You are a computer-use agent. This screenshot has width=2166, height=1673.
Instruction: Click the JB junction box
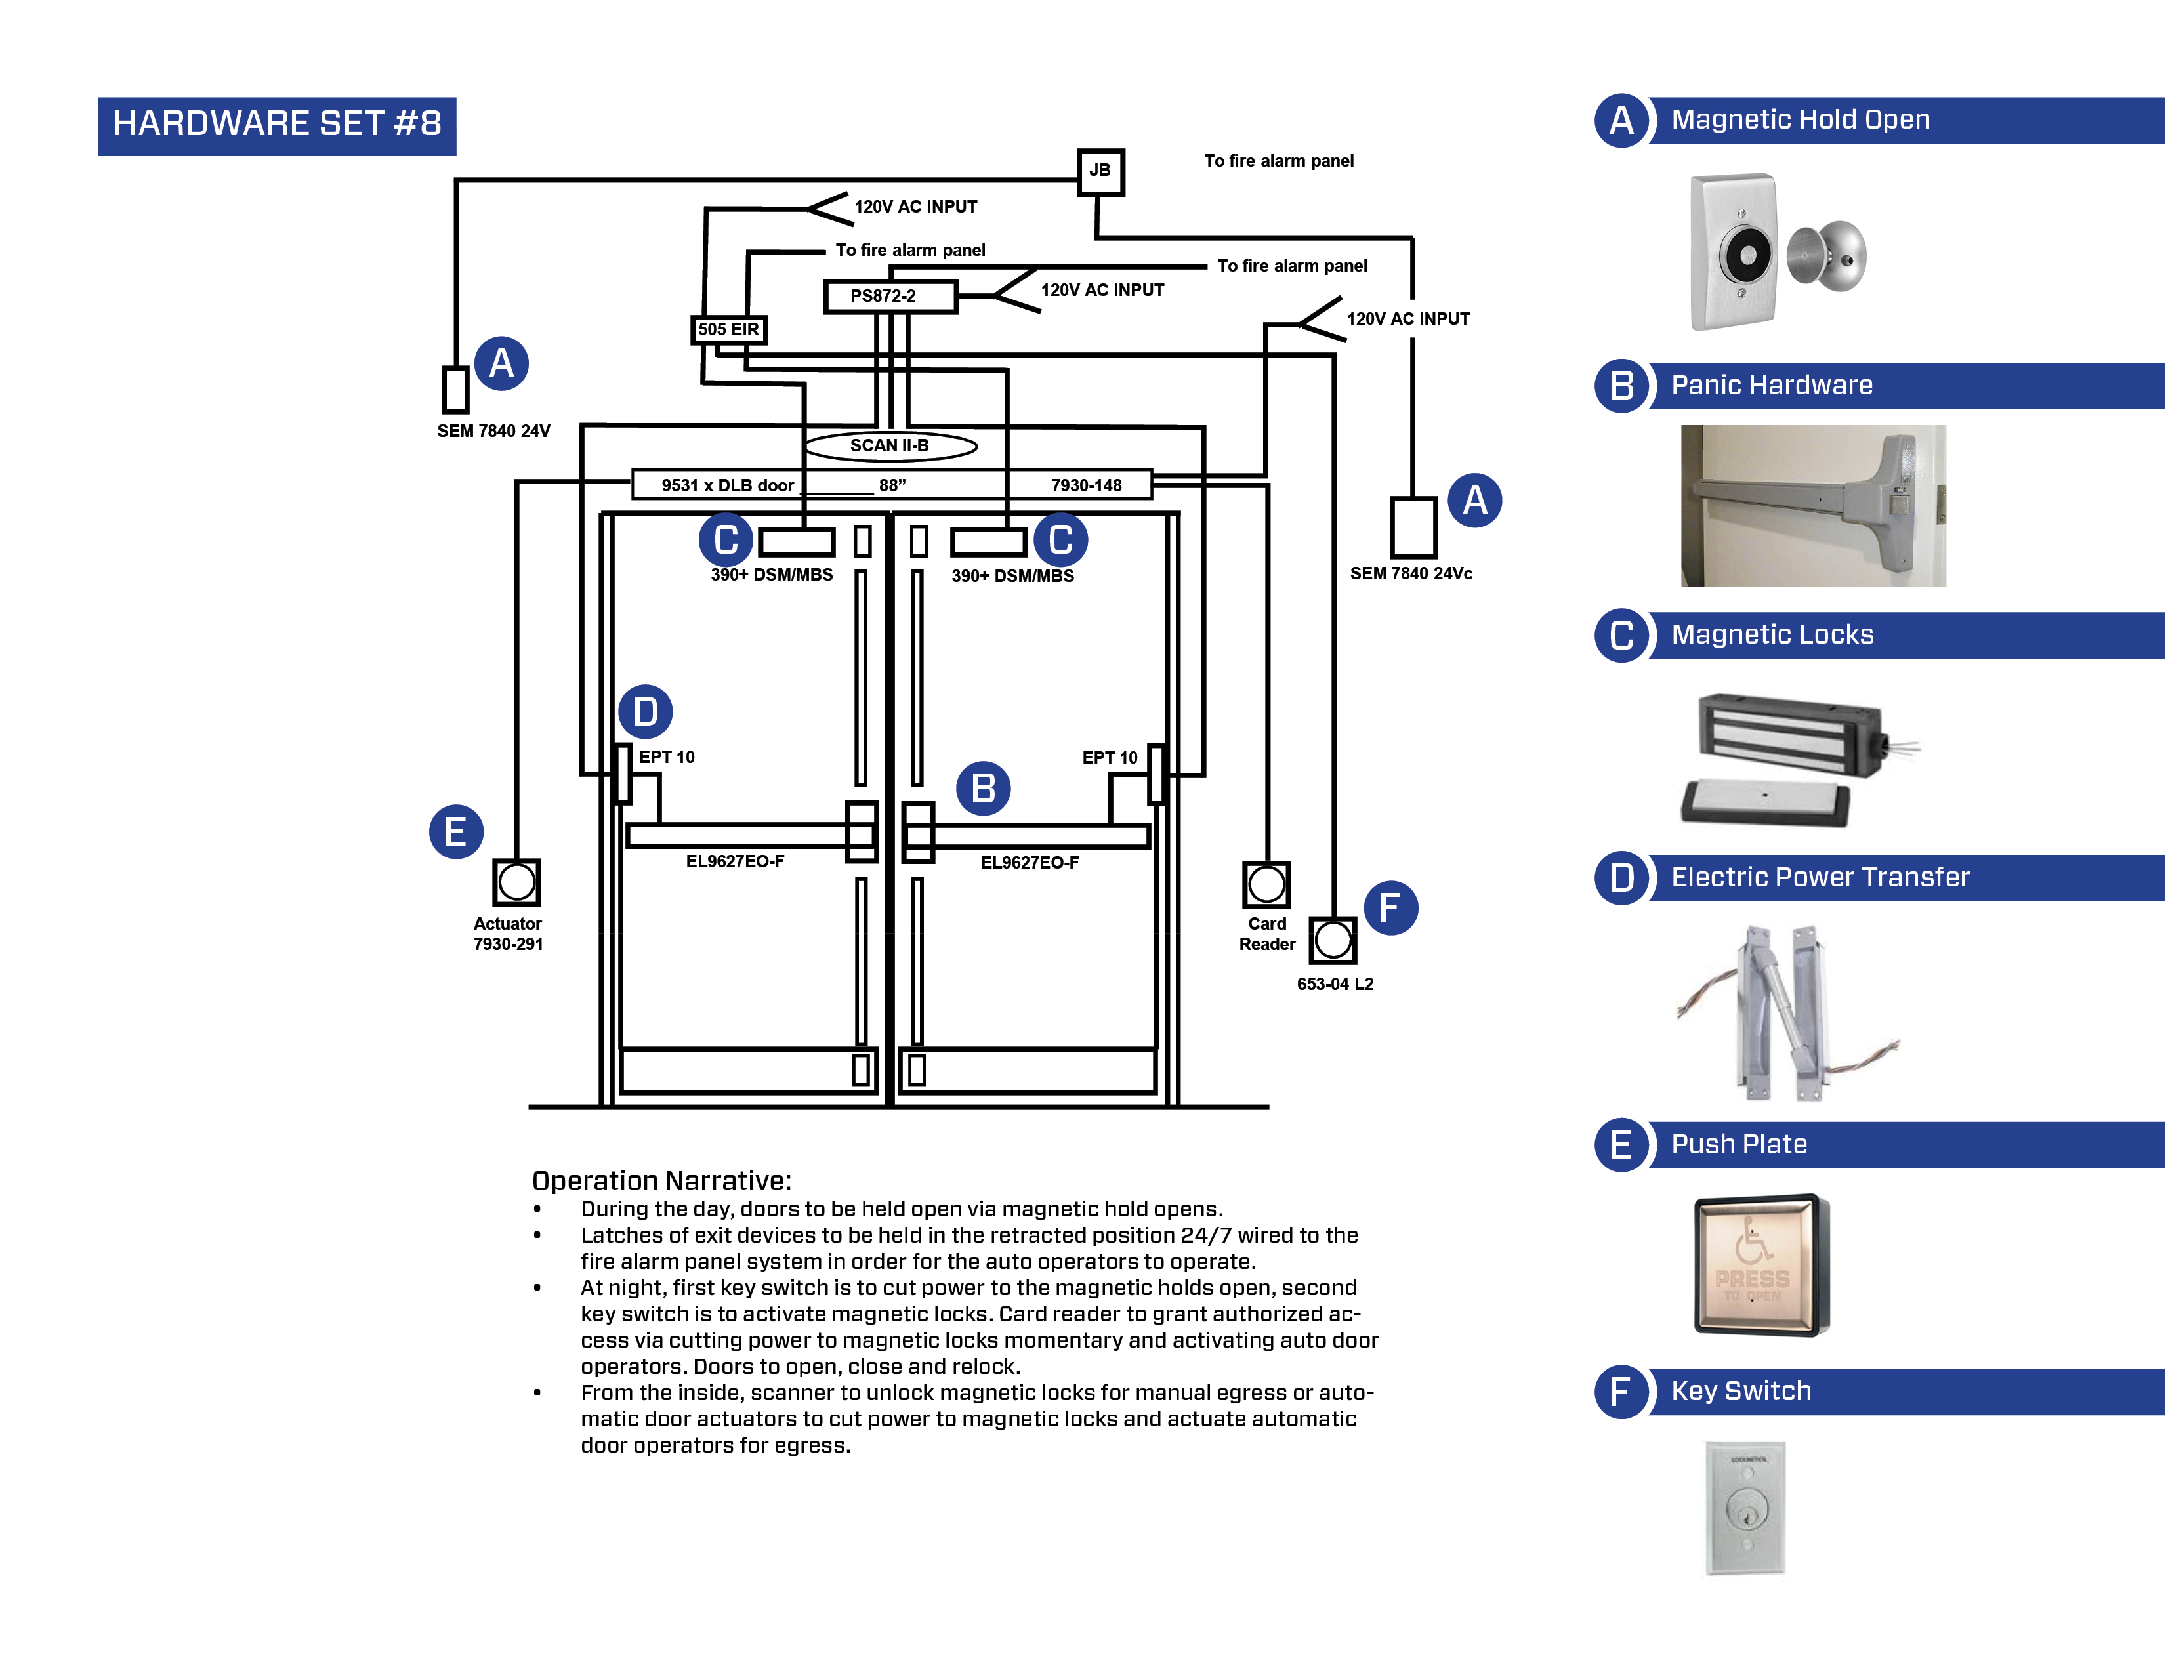[1100, 171]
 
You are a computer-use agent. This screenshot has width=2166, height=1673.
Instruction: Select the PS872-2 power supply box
[890, 295]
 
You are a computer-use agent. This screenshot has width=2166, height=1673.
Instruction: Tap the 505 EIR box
[728, 329]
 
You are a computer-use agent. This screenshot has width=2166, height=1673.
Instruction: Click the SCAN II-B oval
[890, 445]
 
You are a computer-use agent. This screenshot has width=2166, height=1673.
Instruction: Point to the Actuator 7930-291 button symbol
[516, 882]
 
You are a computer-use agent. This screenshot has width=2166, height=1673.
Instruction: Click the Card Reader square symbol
[1266, 884]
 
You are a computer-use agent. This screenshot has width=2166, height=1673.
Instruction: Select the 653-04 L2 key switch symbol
[1332, 939]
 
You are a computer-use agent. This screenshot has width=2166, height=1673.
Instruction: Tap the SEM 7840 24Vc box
[1412, 527]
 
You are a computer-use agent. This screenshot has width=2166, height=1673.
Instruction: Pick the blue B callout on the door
[983, 789]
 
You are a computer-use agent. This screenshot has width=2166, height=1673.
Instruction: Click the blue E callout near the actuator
[455, 831]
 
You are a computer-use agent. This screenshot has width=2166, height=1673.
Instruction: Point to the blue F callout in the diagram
[1390, 907]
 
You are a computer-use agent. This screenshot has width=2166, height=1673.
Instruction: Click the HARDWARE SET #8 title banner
[277, 125]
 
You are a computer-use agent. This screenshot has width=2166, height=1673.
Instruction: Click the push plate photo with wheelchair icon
[1760, 1264]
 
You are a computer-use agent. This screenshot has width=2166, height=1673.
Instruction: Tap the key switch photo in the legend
[1745, 1508]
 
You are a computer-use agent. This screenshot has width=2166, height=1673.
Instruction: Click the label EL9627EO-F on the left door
[735, 861]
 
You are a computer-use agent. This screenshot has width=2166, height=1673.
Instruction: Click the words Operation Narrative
[661, 1180]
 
